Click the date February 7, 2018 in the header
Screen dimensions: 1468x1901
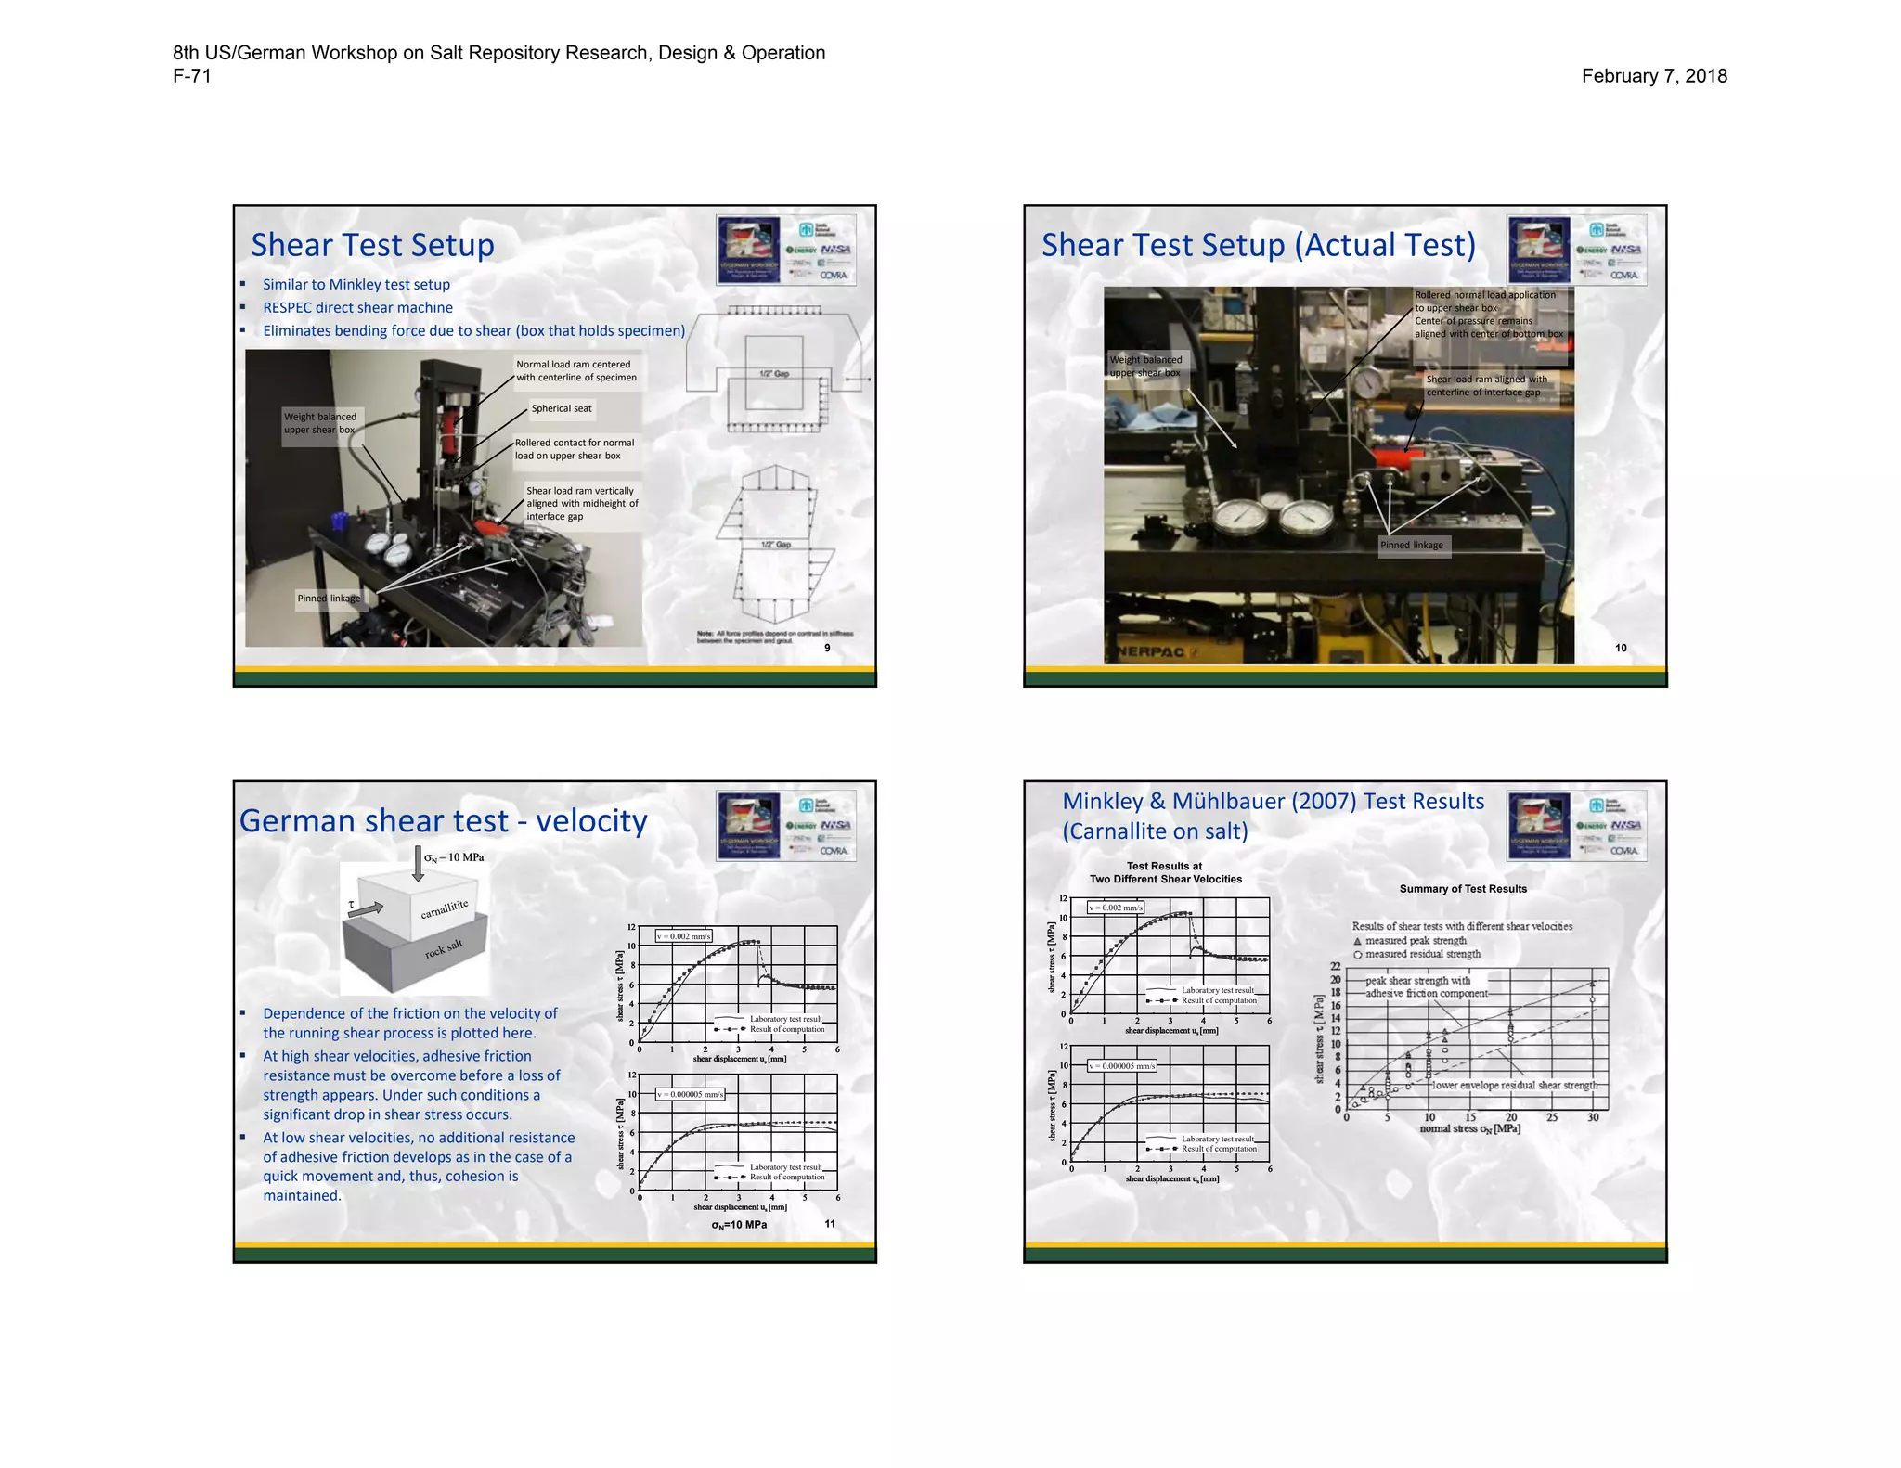pos(1653,76)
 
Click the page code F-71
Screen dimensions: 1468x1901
pos(192,76)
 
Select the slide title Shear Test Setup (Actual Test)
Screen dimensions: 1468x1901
pos(1258,245)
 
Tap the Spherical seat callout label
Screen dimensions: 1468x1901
pos(561,408)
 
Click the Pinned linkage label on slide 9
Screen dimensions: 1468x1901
pos(329,599)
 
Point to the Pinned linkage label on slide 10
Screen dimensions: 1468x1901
pos(1411,545)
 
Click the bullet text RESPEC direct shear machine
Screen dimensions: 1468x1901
pos(357,307)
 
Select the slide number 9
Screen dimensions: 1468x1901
pos(827,648)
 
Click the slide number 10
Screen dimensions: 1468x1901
pos(1621,648)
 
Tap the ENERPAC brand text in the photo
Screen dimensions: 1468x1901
pos(1151,652)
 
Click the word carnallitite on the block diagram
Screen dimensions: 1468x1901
pos(445,908)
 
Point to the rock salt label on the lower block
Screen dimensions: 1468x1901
pos(444,948)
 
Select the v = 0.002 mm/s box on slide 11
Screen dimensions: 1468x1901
pos(683,936)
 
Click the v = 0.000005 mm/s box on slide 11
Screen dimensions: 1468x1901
pos(690,1094)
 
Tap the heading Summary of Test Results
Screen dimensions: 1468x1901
pos(1463,889)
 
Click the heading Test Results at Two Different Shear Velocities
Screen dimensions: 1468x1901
pos(1165,872)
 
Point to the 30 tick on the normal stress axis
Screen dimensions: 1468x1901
pos(1593,1117)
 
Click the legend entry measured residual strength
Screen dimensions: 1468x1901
pos(1422,954)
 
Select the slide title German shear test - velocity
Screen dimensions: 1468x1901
pos(443,821)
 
